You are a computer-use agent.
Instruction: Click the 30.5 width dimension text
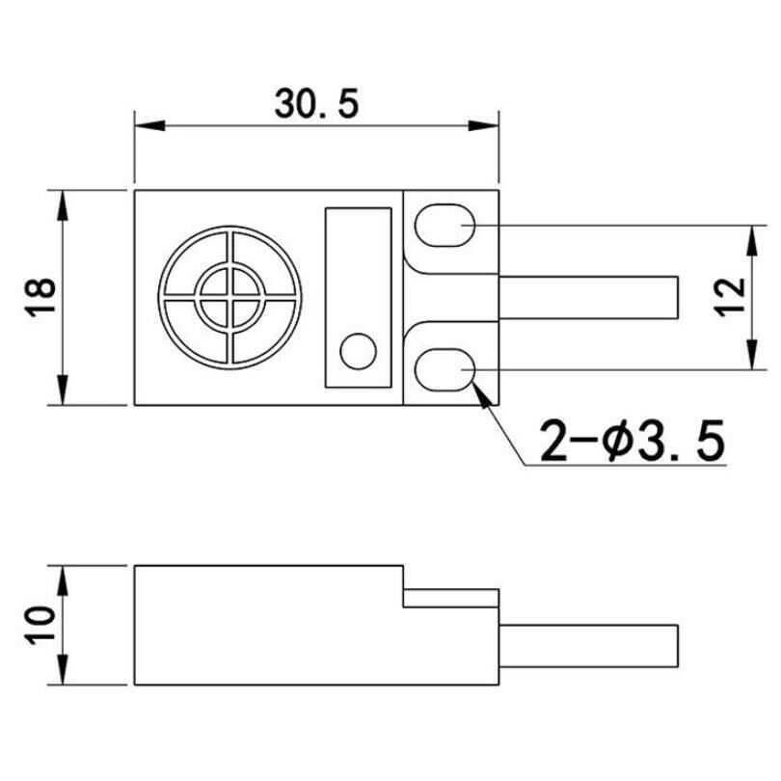pyautogui.click(x=316, y=104)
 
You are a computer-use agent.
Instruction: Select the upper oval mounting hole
pyautogui.click(x=444, y=225)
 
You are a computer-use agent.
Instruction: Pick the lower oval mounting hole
pyautogui.click(x=444, y=369)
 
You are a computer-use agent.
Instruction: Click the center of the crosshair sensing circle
pyautogui.click(x=229, y=298)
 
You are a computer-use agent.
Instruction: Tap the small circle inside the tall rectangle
pyautogui.click(x=359, y=350)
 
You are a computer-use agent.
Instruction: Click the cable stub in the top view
pyautogui.click(x=588, y=297)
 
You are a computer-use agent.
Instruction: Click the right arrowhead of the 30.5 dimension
pyautogui.click(x=488, y=125)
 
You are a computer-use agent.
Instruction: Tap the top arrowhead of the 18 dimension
pyautogui.click(x=62, y=202)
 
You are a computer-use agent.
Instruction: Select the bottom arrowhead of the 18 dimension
pyautogui.click(x=62, y=392)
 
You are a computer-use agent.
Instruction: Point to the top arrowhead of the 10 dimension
pyautogui.click(x=62, y=579)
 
